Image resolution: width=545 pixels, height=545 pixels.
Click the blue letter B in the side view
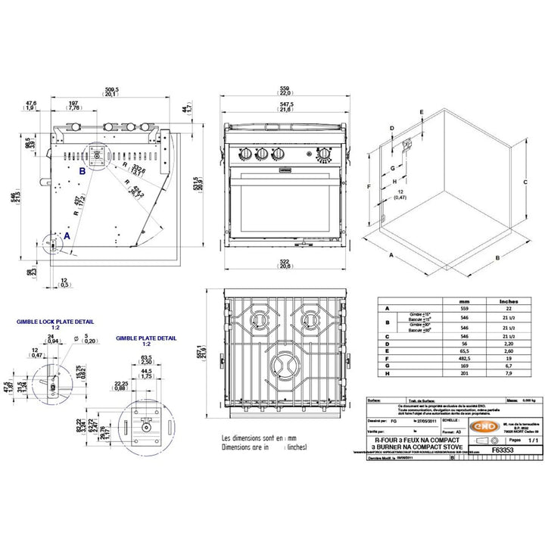(x=82, y=171)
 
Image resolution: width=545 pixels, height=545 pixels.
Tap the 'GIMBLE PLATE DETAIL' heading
(x=147, y=339)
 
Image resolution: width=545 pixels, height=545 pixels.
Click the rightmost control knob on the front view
(x=324, y=154)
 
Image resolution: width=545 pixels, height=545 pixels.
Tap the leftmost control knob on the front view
(x=247, y=154)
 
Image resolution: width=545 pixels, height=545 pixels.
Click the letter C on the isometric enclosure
(x=524, y=182)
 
